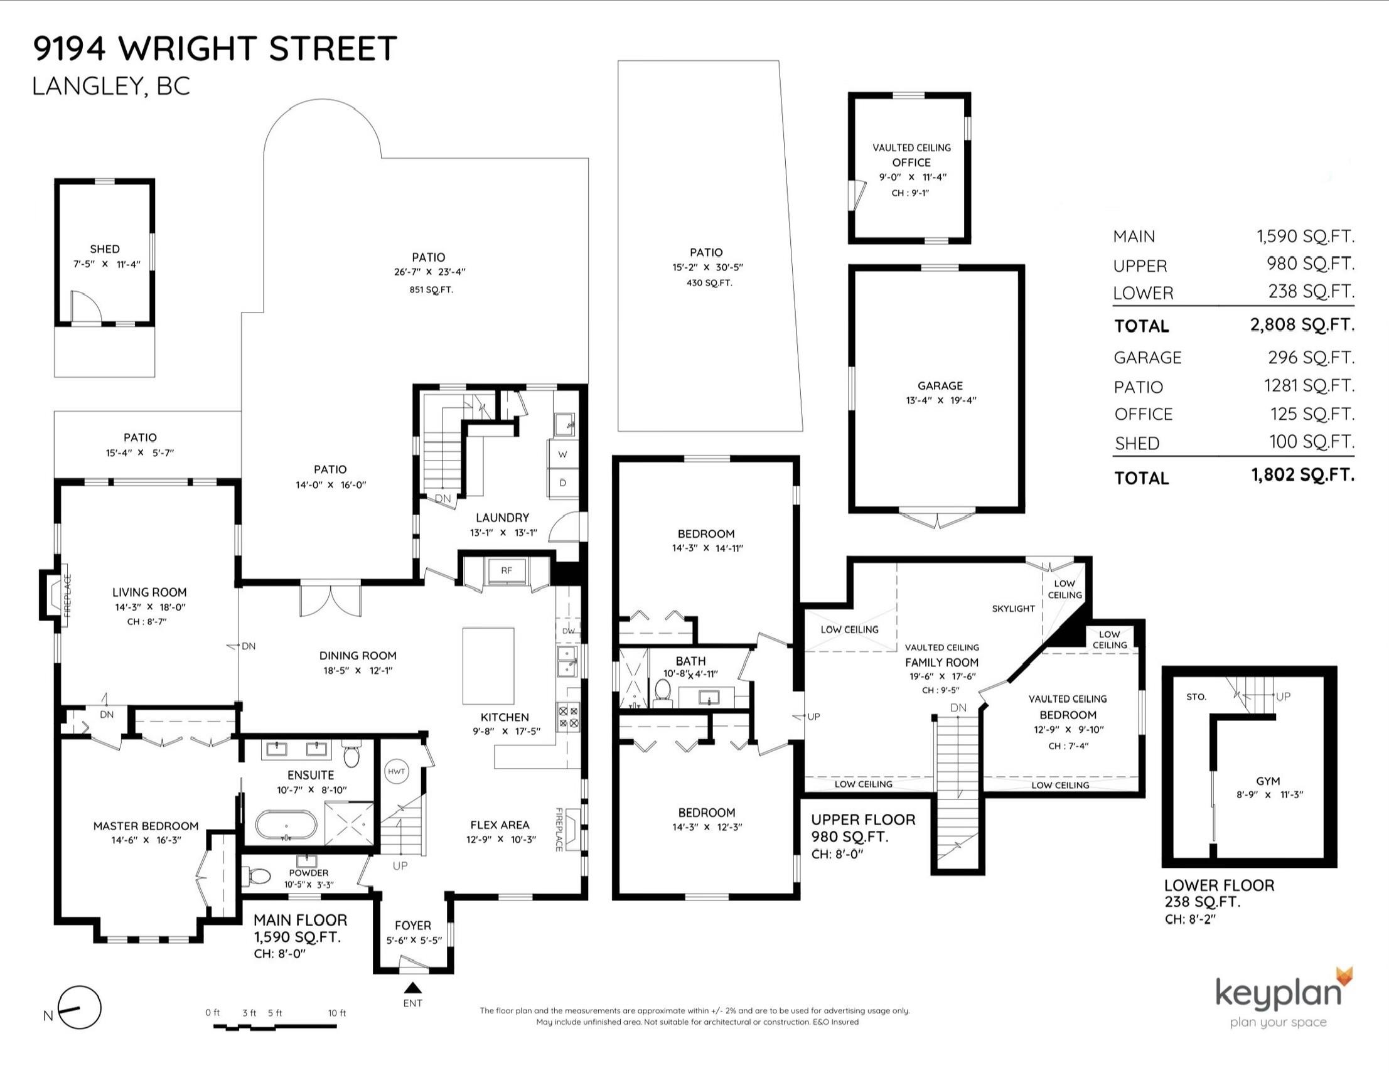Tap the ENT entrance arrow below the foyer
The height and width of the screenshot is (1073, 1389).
pyautogui.click(x=414, y=987)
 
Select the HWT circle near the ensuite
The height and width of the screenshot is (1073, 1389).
pyautogui.click(x=396, y=772)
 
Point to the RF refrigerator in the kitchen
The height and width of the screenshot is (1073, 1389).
pyautogui.click(x=507, y=570)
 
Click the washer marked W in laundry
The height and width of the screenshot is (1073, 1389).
pyautogui.click(x=563, y=454)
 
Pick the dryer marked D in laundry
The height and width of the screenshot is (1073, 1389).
pyautogui.click(x=563, y=483)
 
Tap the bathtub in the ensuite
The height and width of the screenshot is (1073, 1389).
pyautogui.click(x=286, y=825)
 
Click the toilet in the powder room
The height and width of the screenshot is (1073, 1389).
pyautogui.click(x=259, y=877)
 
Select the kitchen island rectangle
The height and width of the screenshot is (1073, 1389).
pyautogui.click(x=488, y=666)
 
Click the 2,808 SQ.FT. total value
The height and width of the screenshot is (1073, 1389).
pyautogui.click(x=1302, y=325)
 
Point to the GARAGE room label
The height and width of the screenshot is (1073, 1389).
pyautogui.click(x=940, y=386)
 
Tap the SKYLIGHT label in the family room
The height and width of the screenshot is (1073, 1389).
pyautogui.click(x=1014, y=608)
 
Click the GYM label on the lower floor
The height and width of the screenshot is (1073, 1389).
pyautogui.click(x=1268, y=781)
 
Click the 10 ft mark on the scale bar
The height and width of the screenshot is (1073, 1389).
pyautogui.click(x=337, y=1013)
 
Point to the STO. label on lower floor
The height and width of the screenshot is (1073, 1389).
pyautogui.click(x=1196, y=697)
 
